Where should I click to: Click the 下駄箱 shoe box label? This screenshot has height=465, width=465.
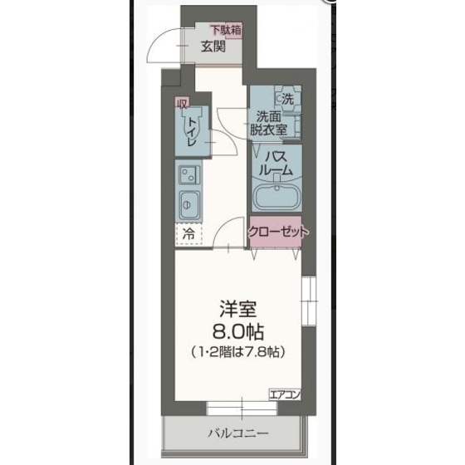click(226, 30)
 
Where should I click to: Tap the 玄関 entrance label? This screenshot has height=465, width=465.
click(213, 46)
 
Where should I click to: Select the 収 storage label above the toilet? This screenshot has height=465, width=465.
click(182, 104)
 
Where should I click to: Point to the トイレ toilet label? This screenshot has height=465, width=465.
click(192, 131)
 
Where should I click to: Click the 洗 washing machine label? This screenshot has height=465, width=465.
click(287, 99)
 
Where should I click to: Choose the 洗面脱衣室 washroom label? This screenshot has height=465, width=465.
click(269, 124)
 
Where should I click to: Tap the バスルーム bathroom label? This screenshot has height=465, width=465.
click(276, 163)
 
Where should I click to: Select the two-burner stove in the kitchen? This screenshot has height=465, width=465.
click(189, 174)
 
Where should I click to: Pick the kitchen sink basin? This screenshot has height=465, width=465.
click(189, 205)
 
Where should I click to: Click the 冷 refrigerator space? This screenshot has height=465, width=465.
click(189, 234)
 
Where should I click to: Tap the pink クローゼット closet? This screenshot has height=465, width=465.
click(275, 232)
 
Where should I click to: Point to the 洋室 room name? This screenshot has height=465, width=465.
click(238, 309)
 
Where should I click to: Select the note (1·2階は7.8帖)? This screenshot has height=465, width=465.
click(238, 352)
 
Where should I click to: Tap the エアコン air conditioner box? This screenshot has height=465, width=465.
click(285, 394)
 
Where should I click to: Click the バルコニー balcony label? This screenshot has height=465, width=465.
click(238, 433)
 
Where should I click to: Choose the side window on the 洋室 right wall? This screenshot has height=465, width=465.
click(309, 301)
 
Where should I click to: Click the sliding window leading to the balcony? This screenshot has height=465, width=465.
click(242, 409)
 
